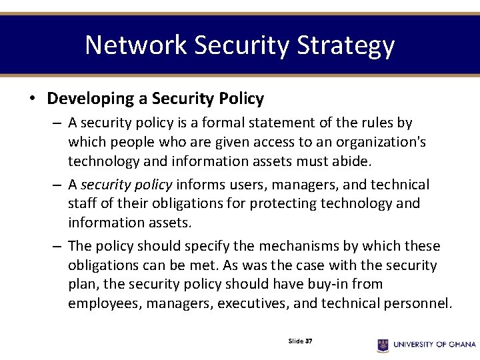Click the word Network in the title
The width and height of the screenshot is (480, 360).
(x=136, y=45)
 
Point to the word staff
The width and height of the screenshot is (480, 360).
(x=83, y=203)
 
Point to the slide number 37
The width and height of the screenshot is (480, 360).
(x=309, y=341)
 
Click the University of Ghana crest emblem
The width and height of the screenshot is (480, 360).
(x=383, y=345)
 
